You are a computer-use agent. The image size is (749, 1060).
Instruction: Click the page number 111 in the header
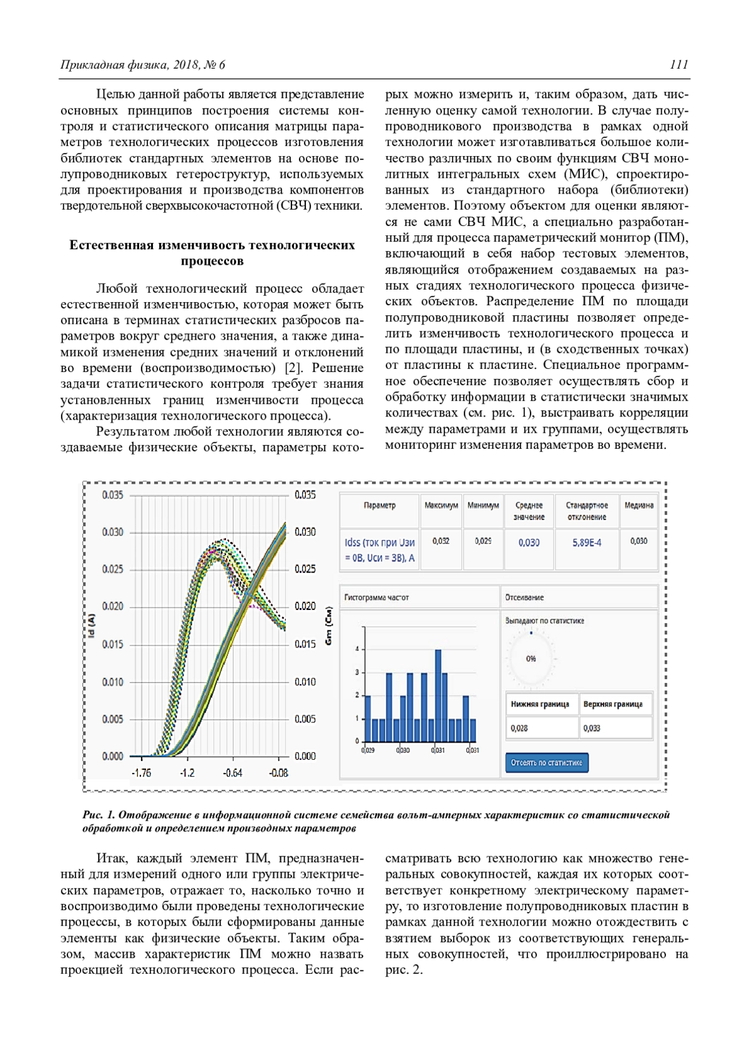tap(679, 64)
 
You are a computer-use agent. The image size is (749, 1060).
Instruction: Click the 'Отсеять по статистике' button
tap(546, 762)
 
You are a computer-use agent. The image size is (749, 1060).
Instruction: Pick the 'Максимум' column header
tap(441, 505)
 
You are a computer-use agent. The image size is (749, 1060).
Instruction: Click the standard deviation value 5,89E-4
tap(587, 542)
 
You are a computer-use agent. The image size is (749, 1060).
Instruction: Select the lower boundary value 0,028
tap(519, 728)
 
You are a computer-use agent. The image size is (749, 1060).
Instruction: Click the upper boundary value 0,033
tap(592, 728)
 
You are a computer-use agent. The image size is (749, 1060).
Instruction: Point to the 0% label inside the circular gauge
tap(531, 659)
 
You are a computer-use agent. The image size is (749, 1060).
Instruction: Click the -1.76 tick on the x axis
tap(141, 773)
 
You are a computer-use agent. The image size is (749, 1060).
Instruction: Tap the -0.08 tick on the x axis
tap(278, 773)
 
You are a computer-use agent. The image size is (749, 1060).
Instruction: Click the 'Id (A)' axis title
tap(92, 626)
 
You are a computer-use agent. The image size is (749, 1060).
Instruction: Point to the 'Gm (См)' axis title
tap(329, 626)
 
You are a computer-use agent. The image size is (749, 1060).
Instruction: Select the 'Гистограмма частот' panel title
tap(376, 597)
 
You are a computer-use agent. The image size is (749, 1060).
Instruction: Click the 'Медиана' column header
tap(639, 505)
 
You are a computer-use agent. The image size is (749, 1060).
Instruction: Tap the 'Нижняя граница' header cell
tap(540, 704)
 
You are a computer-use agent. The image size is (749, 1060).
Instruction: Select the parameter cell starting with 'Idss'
tap(379, 550)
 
